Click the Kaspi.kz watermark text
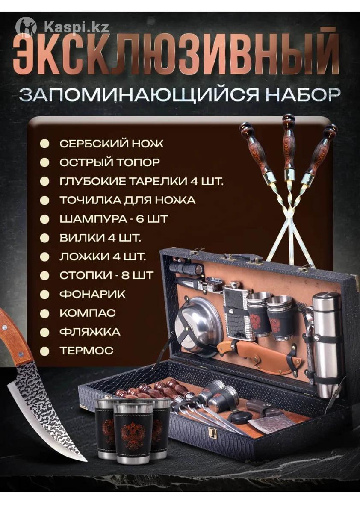[x=77, y=28]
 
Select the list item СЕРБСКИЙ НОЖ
[x=112, y=144]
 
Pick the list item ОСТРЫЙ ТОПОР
[x=110, y=162]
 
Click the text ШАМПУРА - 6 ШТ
[x=114, y=219]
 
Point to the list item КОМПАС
[x=88, y=313]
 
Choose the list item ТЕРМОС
[x=86, y=351]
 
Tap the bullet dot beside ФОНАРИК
[x=44, y=295]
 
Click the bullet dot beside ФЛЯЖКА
[x=44, y=332]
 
